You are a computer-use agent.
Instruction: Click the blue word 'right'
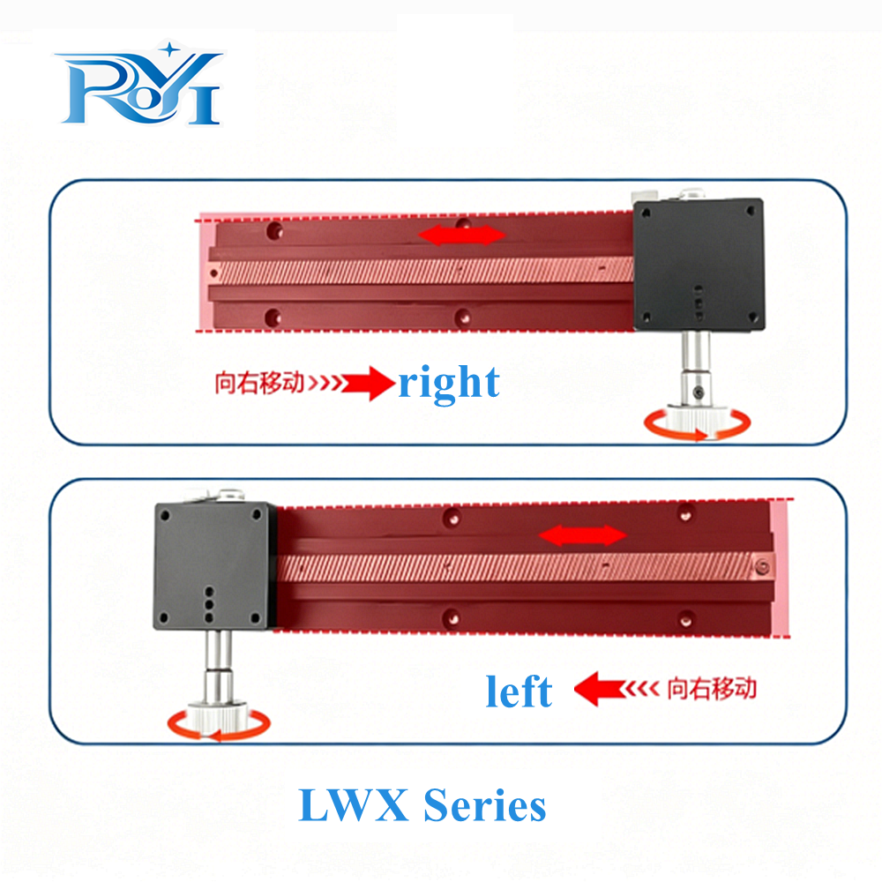449,383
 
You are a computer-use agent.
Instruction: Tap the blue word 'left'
519,691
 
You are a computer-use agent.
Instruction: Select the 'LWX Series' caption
422,805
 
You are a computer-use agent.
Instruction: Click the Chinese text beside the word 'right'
259,383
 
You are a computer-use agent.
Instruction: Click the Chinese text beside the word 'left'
712,689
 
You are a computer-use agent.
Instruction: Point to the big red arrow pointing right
369,383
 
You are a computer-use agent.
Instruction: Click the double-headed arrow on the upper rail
462,235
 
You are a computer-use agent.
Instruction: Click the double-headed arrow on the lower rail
582,535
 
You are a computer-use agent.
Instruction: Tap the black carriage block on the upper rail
699,265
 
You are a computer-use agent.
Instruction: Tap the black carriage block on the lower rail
215,565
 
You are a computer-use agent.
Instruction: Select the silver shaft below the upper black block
695,367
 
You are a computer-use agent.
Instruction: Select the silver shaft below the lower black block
218,666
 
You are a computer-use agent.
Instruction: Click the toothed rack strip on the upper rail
422,271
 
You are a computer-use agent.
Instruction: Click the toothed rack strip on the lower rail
526,567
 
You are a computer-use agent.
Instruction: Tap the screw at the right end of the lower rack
763,566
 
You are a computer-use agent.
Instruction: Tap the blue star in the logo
169,49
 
